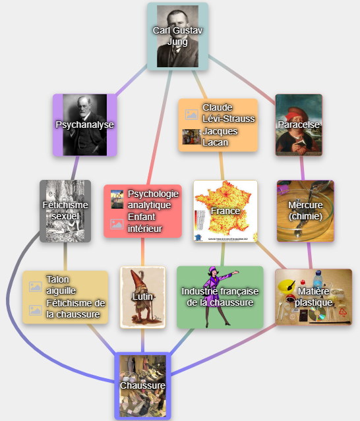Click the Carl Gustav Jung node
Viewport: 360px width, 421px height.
coord(177,36)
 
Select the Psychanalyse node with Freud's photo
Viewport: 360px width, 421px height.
coord(85,125)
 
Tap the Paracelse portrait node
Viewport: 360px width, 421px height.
coord(299,125)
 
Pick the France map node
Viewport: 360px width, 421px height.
coord(225,211)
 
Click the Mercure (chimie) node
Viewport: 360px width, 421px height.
coord(305,211)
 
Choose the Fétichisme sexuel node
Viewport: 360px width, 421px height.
coord(65,211)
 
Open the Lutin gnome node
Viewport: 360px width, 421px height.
coord(142,297)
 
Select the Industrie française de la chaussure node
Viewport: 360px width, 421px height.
coord(220,297)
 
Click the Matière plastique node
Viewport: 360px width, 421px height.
coord(314,297)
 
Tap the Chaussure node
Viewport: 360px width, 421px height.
coord(142,386)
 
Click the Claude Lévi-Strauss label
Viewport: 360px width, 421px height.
coord(228,113)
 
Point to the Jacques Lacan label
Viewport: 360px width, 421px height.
coord(220,136)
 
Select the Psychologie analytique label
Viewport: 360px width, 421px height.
coord(153,199)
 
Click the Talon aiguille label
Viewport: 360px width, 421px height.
coord(61,285)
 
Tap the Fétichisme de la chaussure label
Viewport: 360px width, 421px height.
coord(75,309)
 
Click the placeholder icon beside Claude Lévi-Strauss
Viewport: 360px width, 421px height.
coord(192,115)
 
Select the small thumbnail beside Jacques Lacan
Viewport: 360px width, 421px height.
coord(192,136)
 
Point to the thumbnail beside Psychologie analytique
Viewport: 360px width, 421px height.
coord(117,199)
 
